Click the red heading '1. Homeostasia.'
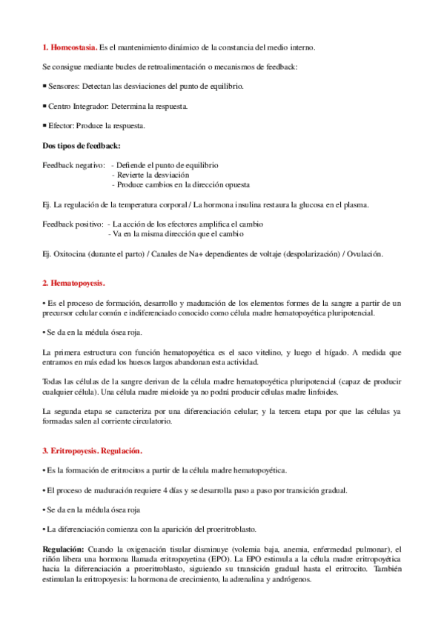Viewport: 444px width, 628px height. pos(70,47)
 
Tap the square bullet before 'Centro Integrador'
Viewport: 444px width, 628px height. pos(44,106)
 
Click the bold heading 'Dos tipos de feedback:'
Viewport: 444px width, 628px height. pos(82,145)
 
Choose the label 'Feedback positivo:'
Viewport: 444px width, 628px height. pos(73,224)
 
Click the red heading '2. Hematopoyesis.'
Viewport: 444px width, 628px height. pos(74,283)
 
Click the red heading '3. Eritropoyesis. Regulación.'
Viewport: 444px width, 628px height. pos(93,450)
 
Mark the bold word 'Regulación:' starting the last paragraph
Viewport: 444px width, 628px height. pos(64,549)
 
